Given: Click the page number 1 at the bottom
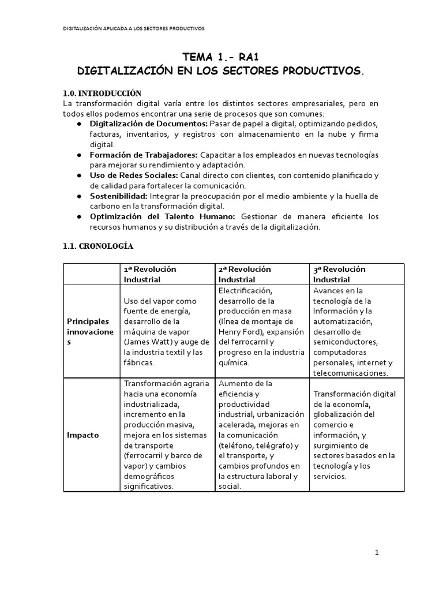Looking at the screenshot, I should coord(377,552).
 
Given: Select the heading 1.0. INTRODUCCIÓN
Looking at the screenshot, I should coord(102,93).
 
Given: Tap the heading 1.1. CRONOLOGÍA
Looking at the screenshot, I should coord(97,246).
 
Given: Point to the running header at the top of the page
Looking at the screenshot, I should coord(133,28).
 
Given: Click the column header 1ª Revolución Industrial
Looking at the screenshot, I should coord(150,274).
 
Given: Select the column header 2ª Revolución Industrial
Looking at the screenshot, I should coord(245,274).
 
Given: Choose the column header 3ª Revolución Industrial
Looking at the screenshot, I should coord(339,274).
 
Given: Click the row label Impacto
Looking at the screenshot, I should coord(82,435).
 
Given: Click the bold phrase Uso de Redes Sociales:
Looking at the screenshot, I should coord(134,175).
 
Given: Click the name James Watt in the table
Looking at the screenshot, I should coord(150,342).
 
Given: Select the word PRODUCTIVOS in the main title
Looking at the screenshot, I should coord(321,71).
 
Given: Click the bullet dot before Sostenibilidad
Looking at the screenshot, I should coord(78,197).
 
